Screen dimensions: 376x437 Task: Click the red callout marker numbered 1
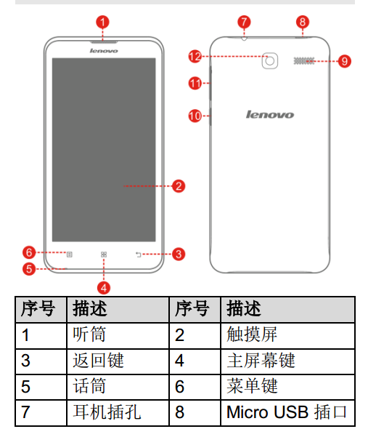(102, 23)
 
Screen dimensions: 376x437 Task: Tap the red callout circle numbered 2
(179, 186)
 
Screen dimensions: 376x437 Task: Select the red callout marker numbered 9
(345, 61)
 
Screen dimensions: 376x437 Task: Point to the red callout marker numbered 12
(195, 57)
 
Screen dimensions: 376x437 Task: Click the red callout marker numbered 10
(195, 116)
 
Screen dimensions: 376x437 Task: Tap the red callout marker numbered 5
(29, 269)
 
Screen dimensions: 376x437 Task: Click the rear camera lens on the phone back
(270, 61)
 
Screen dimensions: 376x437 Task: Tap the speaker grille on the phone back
(304, 61)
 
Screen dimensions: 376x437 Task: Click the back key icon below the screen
(139, 254)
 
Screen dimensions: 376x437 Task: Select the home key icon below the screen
(104, 254)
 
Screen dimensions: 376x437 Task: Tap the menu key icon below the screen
(69, 254)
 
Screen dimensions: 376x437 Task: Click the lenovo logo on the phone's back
(270, 115)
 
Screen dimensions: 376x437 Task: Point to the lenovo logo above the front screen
(104, 51)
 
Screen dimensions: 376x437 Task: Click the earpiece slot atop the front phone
(104, 41)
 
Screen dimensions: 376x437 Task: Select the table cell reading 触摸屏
(287, 335)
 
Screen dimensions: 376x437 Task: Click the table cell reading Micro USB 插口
(287, 413)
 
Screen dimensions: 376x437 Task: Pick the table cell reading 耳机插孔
(118, 413)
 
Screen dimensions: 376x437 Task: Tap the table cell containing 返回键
(118, 361)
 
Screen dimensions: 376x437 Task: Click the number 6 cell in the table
(195, 387)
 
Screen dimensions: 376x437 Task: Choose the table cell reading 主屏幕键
(287, 361)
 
